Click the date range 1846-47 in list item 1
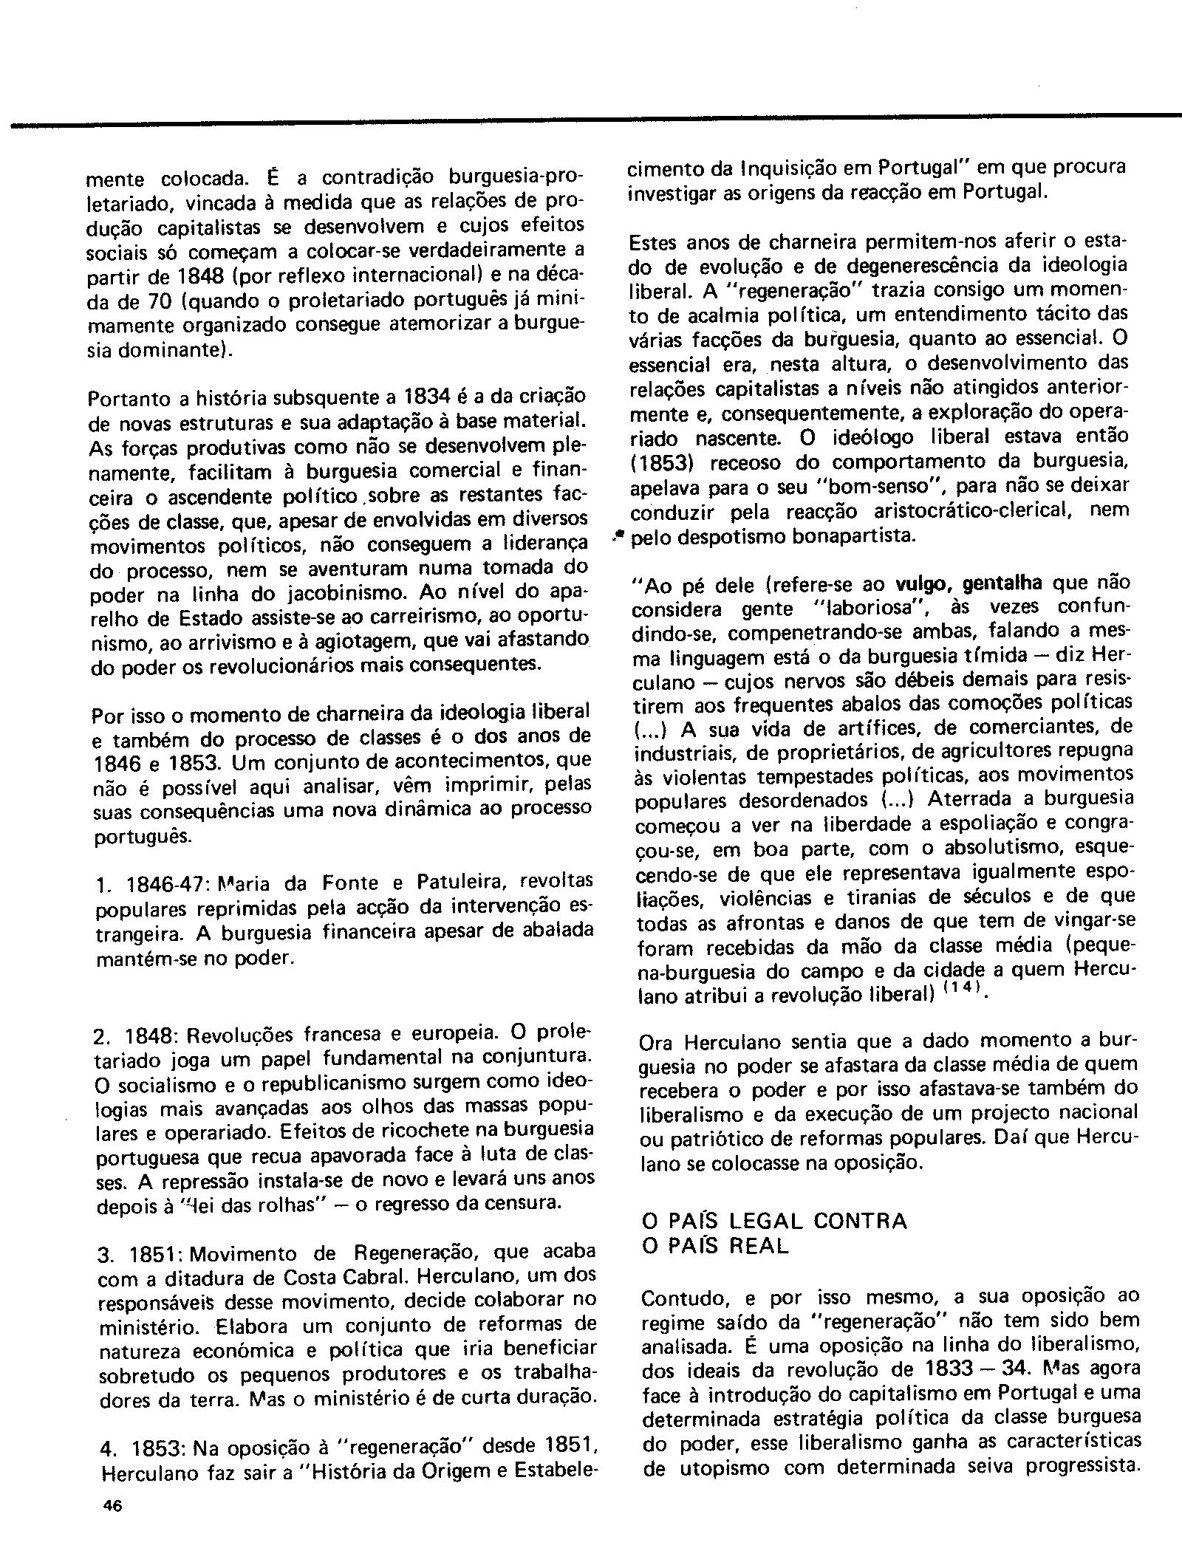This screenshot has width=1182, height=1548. point(169,884)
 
